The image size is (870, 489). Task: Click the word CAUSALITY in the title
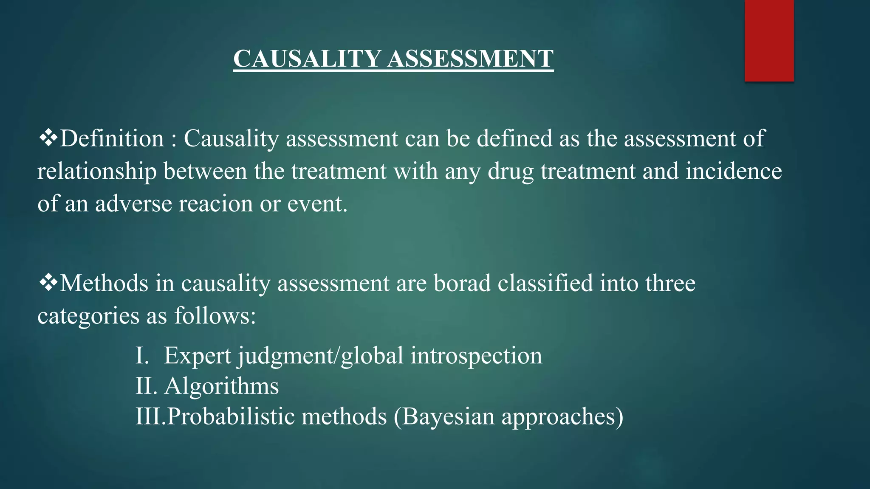click(x=307, y=59)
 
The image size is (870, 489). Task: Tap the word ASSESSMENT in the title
click(x=470, y=59)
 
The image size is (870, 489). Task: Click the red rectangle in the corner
click(x=769, y=40)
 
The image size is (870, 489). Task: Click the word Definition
click(x=112, y=138)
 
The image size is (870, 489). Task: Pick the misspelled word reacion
click(x=215, y=204)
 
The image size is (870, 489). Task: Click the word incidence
click(x=734, y=171)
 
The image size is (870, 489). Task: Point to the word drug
click(x=510, y=172)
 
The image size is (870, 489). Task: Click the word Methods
click(x=104, y=283)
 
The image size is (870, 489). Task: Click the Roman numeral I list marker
click(x=142, y=355)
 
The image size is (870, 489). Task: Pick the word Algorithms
click(x=221, y=386)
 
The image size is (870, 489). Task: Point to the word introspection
click(x=476, y=356)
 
